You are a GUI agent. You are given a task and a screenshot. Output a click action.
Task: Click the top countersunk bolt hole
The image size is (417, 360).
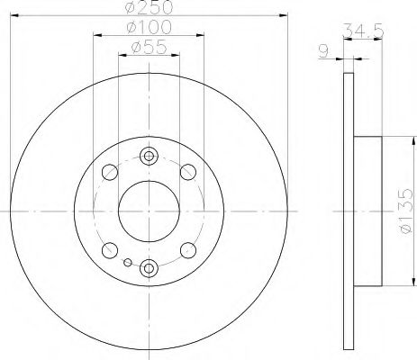coord(150,158)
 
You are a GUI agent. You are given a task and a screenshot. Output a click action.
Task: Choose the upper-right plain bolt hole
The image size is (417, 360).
coord(188,172)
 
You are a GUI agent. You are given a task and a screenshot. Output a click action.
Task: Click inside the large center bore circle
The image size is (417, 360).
coord(150,211)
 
